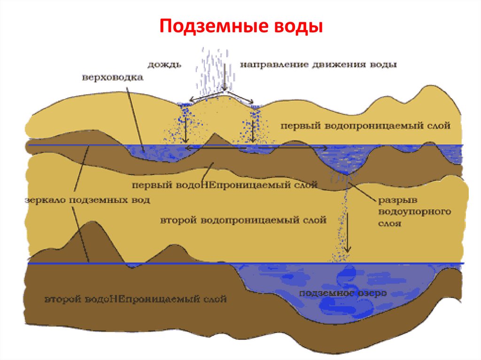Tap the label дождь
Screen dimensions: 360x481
tap(165, 64)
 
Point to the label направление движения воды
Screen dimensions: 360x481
tap(318, 64)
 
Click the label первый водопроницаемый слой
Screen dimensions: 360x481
tap(365, 126)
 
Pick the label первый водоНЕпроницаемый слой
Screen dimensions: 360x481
tap(225, 184)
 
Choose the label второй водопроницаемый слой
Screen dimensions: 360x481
tap(243, 220)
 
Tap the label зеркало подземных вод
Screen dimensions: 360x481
tap(86, 200)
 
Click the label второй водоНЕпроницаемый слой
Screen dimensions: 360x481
tap(136, 299)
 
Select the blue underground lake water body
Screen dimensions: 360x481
tap(329, 286)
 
